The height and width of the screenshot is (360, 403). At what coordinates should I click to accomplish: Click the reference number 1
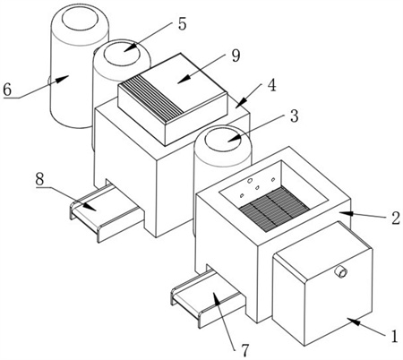[395, 336]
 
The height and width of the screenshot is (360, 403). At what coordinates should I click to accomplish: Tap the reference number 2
[396, 219]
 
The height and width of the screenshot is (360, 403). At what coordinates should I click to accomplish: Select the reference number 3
[295, 116]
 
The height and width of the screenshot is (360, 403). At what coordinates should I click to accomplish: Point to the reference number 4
[271, 85]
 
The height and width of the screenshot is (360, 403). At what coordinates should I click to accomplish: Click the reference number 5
[182, 23]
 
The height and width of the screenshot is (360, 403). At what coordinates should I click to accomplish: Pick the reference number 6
[7, 89]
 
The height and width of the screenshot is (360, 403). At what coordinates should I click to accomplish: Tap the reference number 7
[244, 350]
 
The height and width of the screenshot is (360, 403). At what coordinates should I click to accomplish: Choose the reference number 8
[39, 179]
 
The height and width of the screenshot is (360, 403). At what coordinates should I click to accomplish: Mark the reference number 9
[236, 56]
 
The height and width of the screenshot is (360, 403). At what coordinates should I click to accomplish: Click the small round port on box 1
[341, 272]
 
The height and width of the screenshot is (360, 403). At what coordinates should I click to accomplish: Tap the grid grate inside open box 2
[275, 209]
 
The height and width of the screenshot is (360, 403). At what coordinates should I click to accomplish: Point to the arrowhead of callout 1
[353, 322]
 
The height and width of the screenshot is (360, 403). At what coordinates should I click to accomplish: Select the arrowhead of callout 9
[183, 79]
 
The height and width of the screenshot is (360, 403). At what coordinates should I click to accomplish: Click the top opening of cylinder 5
[122, 54]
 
